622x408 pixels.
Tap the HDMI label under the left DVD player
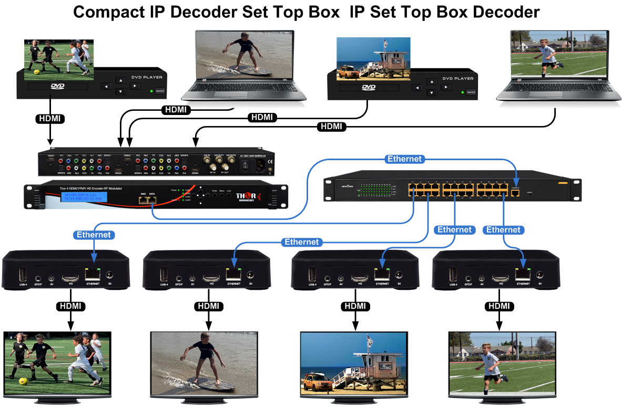(50, 119)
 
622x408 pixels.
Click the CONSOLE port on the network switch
(516, 193)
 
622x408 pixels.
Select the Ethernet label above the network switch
(404, 159)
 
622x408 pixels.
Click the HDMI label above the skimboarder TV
(209, 306)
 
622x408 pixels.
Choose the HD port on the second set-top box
(212, 276)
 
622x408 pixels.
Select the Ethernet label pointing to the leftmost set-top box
(94, 234)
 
